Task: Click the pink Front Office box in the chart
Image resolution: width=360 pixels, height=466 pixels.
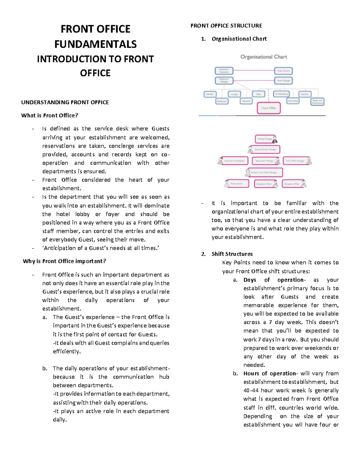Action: (268, 108)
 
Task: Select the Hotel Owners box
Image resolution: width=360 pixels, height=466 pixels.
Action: (283, 71)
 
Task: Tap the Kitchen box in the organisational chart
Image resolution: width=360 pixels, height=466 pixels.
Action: (210, 94)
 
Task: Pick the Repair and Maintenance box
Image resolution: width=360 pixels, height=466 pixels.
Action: (317, 102)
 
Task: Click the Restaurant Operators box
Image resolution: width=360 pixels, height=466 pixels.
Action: (224, 71)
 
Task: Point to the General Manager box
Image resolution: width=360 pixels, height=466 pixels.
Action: (264, 139)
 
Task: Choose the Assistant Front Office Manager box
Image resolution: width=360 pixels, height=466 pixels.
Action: (264, 173)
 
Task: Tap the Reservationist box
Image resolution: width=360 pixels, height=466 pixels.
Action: (237, 183)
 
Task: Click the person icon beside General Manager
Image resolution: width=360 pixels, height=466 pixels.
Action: (274, 139)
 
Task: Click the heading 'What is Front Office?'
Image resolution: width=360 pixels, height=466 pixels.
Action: (49, 116)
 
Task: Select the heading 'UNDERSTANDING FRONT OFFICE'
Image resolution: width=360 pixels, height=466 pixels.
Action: (65, 102)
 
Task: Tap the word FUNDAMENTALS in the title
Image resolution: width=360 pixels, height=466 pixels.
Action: (95, 44)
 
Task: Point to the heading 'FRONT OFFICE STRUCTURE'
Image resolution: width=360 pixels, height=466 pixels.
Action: (226, 26)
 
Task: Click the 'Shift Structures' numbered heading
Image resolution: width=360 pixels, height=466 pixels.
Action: (232, 254)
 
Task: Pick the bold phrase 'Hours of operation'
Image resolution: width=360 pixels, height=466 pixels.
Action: (270, 373)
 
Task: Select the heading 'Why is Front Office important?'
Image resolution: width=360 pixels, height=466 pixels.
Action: (64, 261)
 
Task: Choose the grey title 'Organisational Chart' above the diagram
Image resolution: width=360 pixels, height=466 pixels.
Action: (264, 57)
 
